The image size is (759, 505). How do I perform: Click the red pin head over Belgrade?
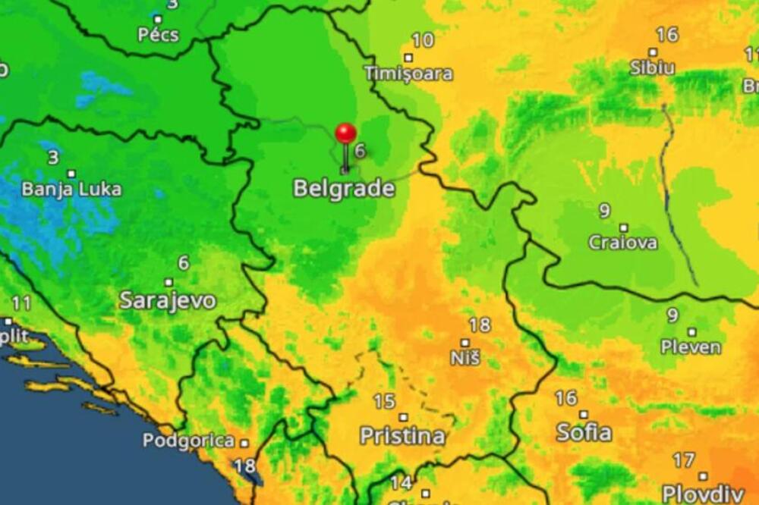[345, 133]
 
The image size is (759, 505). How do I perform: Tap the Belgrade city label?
[344, 189]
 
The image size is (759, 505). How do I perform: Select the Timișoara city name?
[408, 74]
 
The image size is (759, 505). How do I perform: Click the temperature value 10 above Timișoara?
[423, 40]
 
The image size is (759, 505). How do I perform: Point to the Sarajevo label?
[167, 300]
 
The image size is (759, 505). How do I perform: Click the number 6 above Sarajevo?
[183, 262]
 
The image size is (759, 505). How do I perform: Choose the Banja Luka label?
[71, 189]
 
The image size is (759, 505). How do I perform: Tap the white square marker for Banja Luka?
[71, 174]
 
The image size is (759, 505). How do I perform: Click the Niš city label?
[465, 358]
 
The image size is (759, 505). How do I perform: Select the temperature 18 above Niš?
[479, 325]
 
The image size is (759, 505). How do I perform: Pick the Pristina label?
[402, 436]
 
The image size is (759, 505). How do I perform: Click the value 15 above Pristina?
[384, 401]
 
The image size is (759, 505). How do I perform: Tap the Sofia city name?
[584, 432]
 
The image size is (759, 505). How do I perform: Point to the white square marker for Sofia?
[583, 414]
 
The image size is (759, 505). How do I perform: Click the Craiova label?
[623, 243]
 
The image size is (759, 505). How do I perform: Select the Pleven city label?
[691, 347]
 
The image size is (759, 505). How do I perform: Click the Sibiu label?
[652, 67]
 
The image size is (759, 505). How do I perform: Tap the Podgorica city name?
[188, 441]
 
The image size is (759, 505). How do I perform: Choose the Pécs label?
[158, 34]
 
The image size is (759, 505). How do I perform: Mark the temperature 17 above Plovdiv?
[683, 460]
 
